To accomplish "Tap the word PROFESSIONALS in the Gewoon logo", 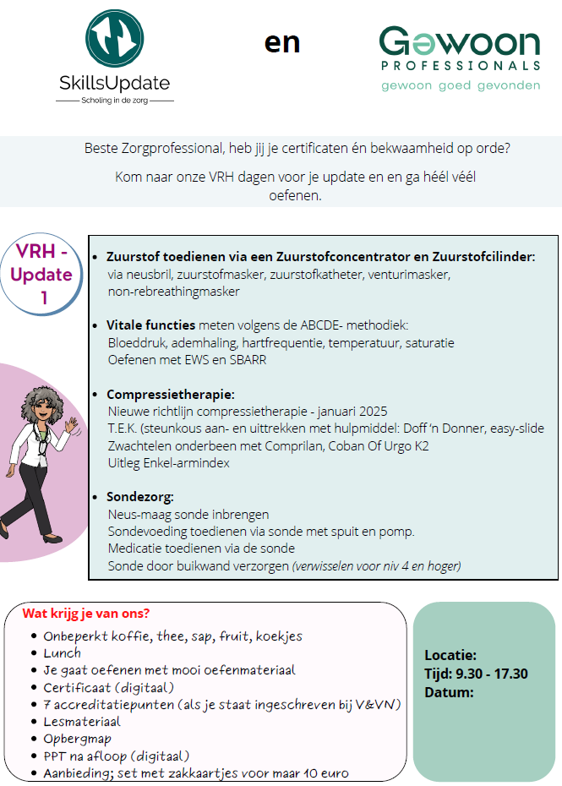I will (461, 65).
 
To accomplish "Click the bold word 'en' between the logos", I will (281, 42).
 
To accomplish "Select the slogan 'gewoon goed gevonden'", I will (461, 85).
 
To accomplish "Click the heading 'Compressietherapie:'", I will (171, 395).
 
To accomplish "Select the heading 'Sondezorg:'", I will (139, 497).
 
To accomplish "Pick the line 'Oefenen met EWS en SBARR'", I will (188, 359).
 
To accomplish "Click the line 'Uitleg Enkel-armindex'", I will (169, 463).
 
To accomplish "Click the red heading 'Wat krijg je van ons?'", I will (87, 614).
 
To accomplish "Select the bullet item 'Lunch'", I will (63, 652).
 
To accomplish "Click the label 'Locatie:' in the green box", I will (450, 655).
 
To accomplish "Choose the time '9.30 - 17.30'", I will (492, 674).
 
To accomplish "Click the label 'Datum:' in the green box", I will (449, 692).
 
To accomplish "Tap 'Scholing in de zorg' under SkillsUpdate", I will (114, 100).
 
